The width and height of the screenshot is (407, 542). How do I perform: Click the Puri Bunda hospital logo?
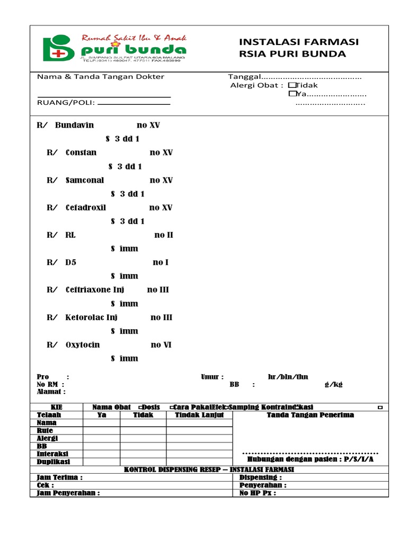tap(114, 48)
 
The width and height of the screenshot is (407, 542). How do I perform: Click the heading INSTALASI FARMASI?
tap(299, 42)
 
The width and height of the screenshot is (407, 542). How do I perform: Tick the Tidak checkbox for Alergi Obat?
tap(291, 85)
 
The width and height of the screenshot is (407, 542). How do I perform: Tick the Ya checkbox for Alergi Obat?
tap(291, 94)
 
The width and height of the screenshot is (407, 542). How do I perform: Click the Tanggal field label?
tap(245, 77)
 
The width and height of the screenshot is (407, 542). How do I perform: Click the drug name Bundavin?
tap(74, 125)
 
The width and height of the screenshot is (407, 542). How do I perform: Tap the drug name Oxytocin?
tap(82, 345)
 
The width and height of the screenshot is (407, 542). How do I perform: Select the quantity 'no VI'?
tap(161, 345)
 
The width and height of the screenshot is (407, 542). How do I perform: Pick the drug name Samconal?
tap(84, 180)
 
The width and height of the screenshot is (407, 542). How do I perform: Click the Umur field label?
tap(212, 377)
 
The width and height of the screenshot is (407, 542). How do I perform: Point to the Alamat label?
tap(51, 392)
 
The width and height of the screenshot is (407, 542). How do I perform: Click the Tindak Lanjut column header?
tap(199, 415)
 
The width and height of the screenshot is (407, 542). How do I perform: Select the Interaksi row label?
tap(52, 454)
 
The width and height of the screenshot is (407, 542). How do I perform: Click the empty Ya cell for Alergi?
tap(101, 438)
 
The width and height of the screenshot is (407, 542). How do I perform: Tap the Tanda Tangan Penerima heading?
tap(310, 415)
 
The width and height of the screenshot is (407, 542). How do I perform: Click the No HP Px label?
tap(258, 493)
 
